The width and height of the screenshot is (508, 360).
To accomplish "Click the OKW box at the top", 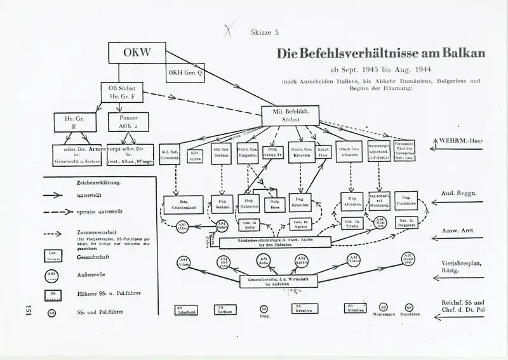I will (138, 53).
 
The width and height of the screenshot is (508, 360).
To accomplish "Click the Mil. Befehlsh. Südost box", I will (289, 114).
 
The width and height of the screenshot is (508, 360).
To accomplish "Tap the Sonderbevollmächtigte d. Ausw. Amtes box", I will (276, 243).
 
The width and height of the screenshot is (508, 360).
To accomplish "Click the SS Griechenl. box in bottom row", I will (187, 309).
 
